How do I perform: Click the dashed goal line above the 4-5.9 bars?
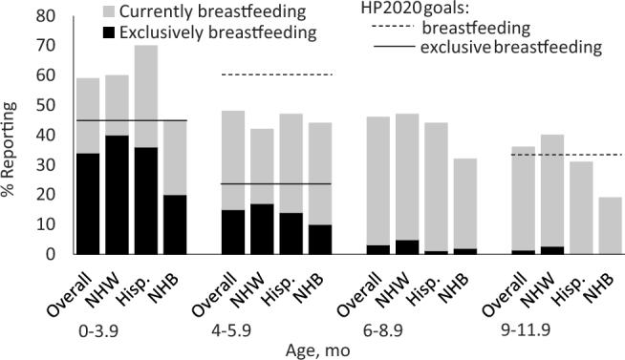(276, 74)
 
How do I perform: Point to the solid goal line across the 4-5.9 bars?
(276, 183)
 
